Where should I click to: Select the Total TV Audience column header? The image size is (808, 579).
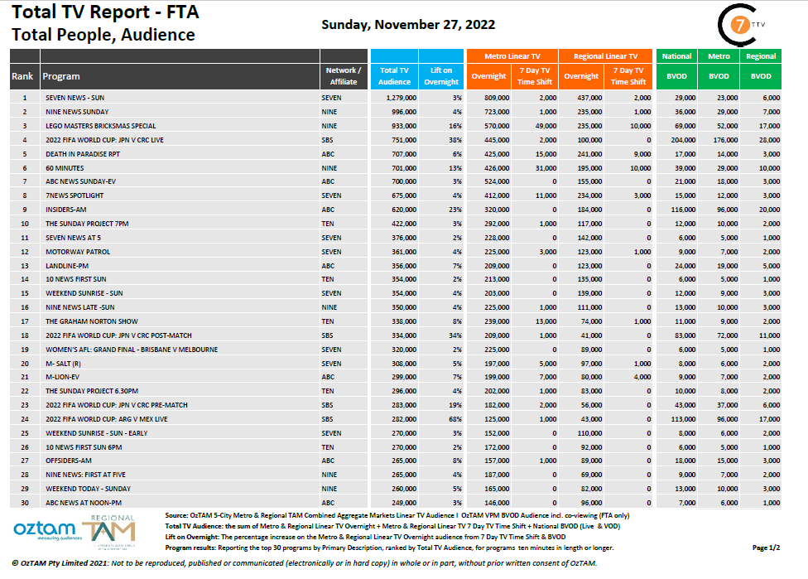394,76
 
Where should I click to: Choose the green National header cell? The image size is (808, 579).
676,56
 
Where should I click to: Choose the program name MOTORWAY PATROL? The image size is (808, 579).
77,251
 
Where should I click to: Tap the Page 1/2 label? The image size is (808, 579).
765,548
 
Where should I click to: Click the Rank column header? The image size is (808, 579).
23,76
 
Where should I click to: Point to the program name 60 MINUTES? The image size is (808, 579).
64,167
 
